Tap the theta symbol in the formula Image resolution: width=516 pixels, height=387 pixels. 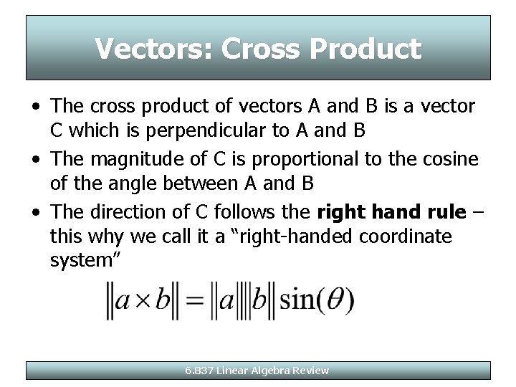pos(333,300)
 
